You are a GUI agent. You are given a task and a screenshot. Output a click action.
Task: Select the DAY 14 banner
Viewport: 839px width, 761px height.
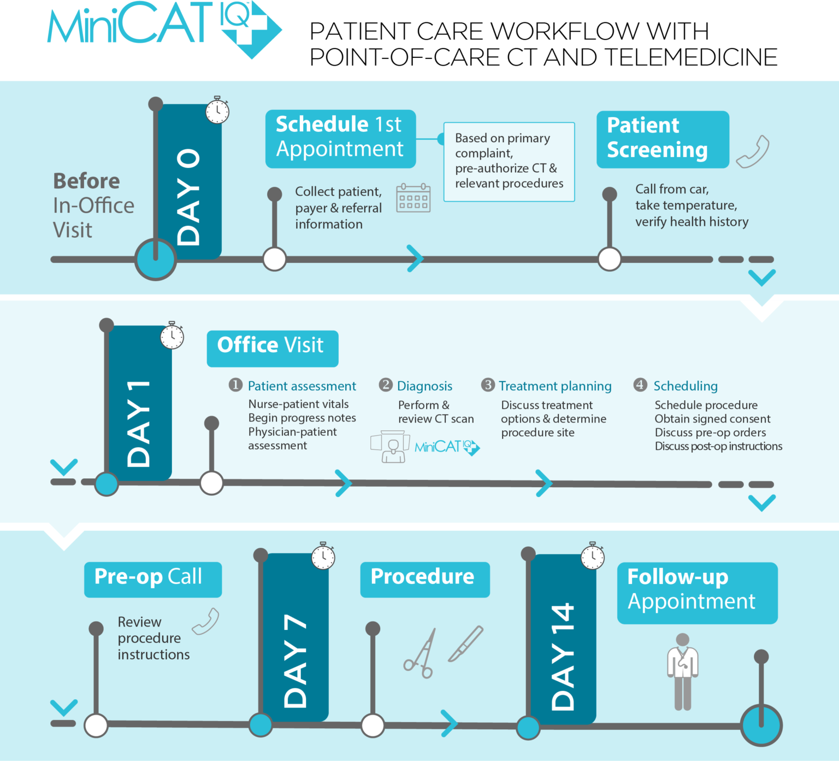tap(563, 640)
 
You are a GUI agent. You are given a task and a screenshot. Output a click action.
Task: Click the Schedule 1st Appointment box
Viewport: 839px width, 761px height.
tap(340, 138)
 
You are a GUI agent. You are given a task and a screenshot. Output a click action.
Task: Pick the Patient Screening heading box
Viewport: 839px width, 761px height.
tap(662, 139)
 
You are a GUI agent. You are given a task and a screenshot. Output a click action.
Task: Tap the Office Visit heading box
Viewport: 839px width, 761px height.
tap(272, 348)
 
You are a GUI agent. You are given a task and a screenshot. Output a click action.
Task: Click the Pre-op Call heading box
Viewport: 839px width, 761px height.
tap(152, 578)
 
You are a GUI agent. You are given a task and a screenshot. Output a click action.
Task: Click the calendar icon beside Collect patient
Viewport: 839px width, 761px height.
tap(413, 198)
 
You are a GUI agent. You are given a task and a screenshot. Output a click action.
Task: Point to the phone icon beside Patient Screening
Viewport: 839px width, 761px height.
tap(753, 151)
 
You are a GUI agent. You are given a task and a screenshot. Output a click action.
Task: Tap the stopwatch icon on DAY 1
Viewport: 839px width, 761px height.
tap(172, 336)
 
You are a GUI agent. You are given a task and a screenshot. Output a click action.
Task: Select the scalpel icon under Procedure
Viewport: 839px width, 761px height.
tap(466, 643)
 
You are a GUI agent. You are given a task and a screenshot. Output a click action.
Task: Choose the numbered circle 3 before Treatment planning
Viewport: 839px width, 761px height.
tap(488, 385)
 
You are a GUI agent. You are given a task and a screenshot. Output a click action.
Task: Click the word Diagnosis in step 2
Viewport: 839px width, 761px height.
tap(424, 386)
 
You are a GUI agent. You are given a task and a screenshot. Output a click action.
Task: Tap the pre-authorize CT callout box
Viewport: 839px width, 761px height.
tap(509, 161)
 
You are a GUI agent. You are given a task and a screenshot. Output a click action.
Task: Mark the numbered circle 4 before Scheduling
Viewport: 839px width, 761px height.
tap(640, 385)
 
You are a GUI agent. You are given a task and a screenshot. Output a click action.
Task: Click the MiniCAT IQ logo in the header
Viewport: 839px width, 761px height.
tap(164, 27)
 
